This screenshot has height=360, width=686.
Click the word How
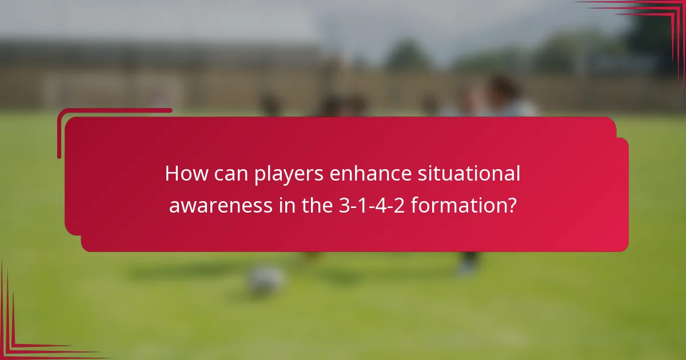184,174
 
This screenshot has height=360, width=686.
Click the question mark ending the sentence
512,205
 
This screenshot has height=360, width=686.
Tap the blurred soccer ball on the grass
266,279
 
